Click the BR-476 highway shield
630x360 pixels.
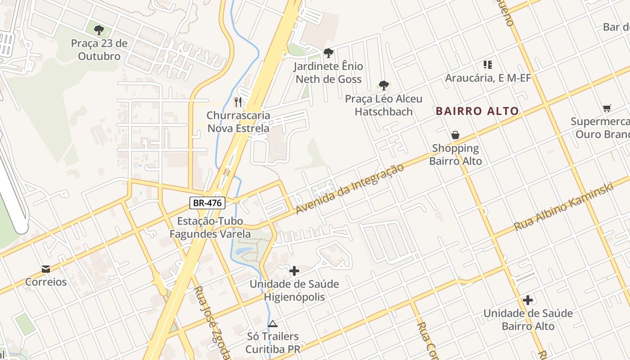207,203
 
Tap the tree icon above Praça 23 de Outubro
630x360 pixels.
99,30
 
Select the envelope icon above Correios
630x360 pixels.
45,269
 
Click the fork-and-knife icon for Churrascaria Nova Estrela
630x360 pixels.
238,102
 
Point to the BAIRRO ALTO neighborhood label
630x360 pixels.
477,111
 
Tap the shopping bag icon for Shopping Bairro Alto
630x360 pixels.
455,135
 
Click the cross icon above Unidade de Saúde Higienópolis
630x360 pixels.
294,271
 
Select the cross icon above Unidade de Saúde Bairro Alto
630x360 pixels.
528,300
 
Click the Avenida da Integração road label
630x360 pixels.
349,189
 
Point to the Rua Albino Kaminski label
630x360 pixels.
564,207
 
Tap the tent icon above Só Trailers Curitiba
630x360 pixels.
272,324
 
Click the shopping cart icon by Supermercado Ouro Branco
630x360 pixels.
607,108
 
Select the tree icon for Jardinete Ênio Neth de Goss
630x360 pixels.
328,53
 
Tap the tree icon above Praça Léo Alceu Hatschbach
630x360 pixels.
383,85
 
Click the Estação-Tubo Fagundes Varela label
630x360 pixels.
210,227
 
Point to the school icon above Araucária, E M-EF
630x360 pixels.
488,65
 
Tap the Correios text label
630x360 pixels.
45,282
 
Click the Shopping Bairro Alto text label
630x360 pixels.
455,154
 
